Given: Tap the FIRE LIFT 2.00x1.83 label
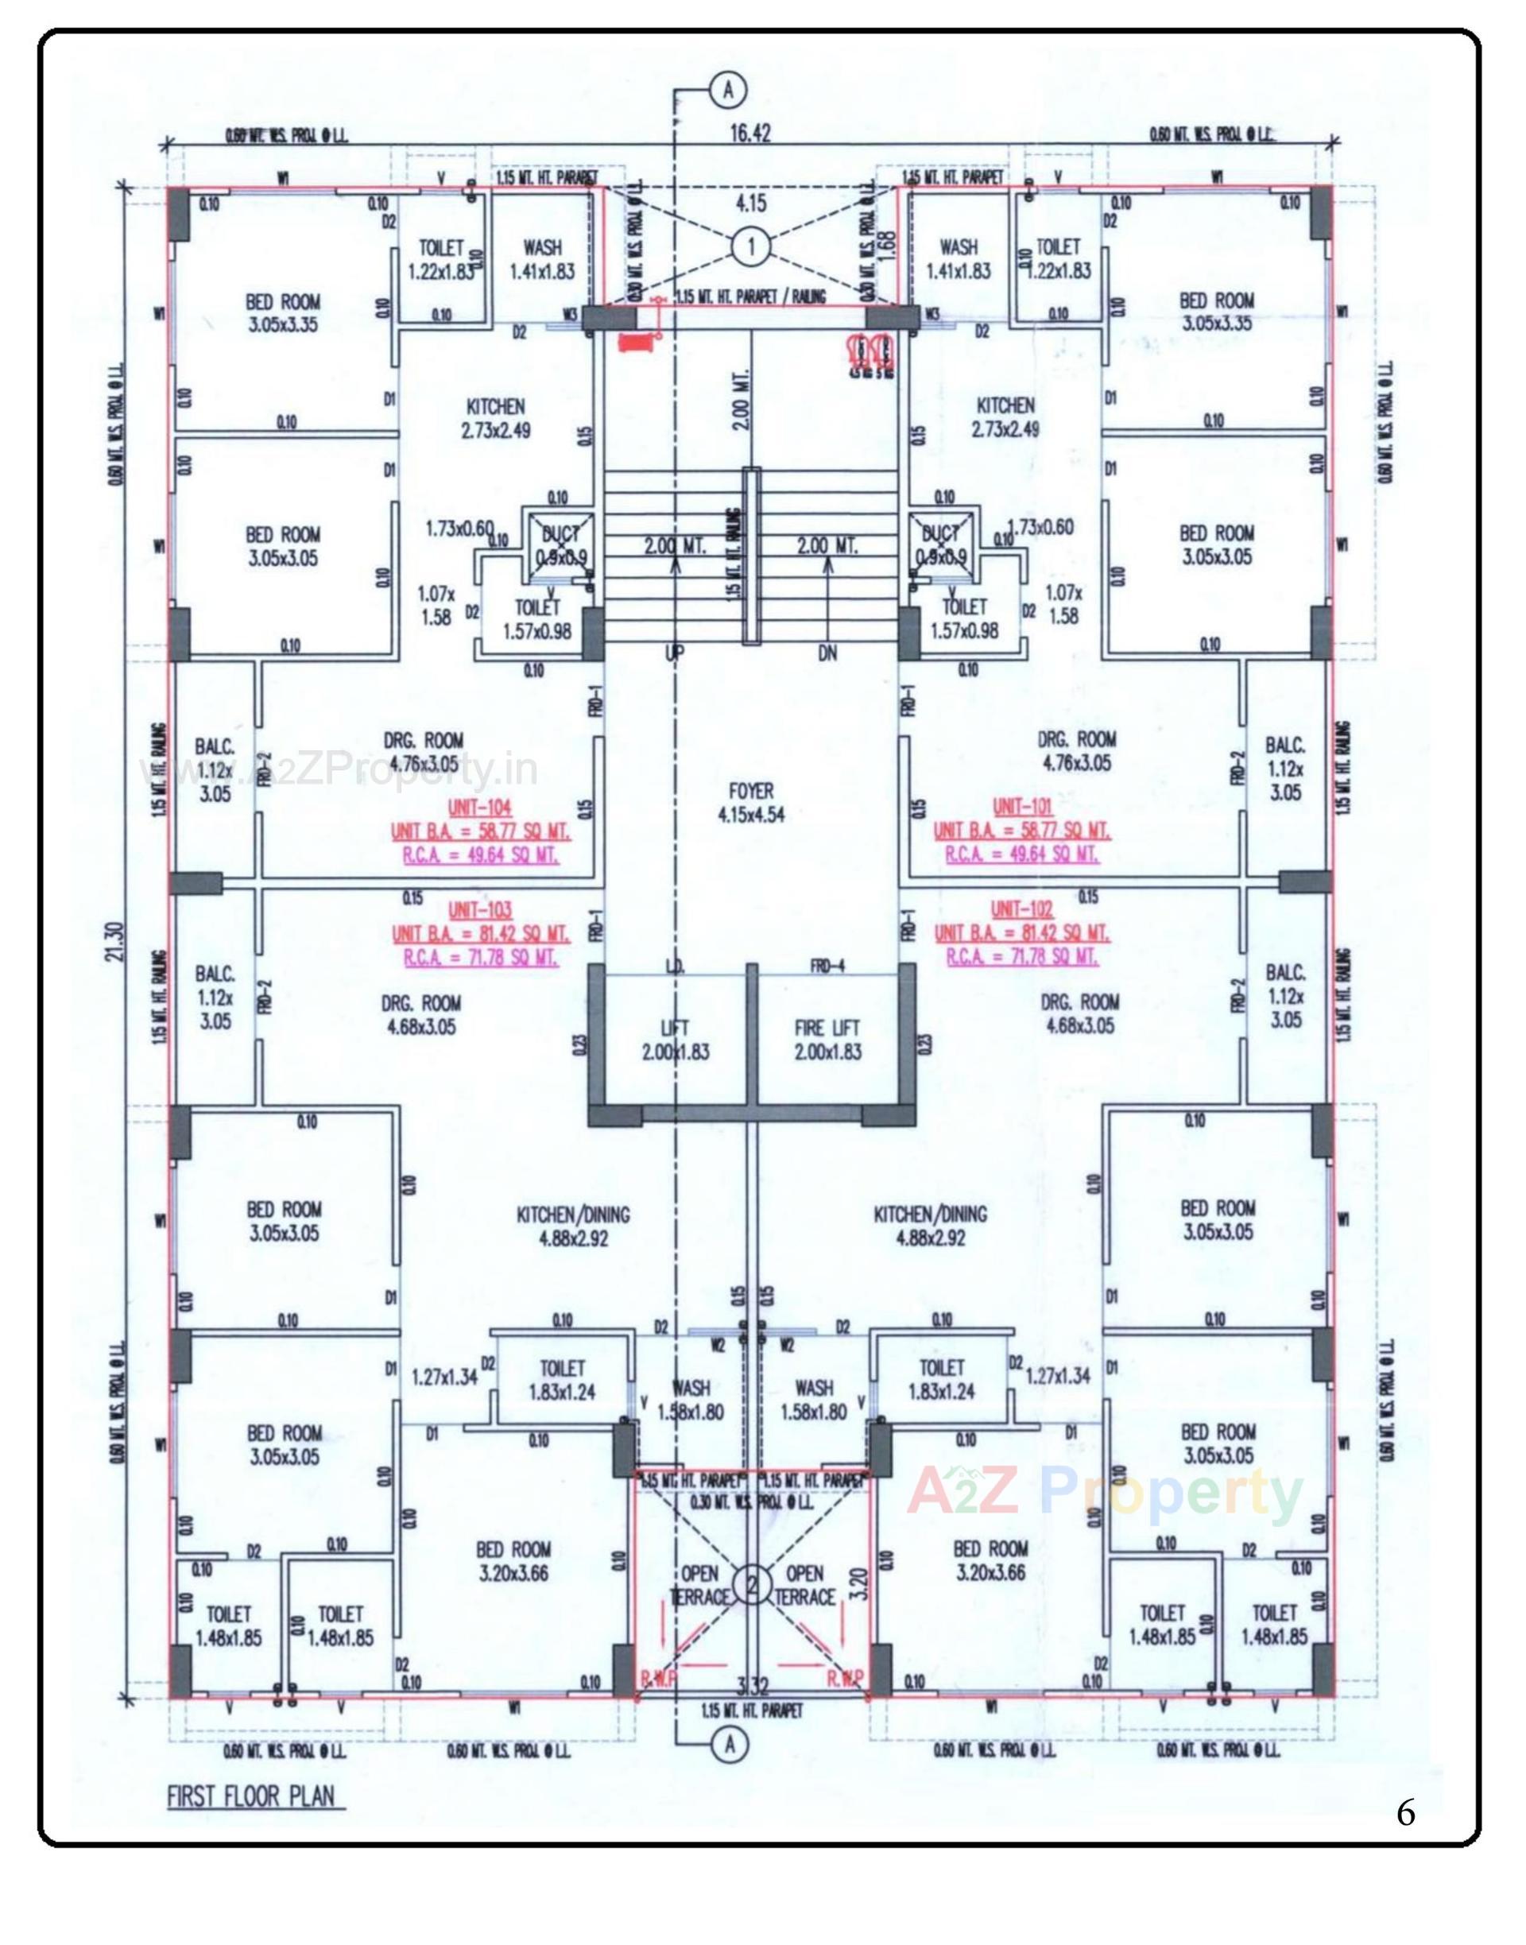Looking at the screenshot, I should [827, 1040].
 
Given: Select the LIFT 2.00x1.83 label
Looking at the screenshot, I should [675, 1040].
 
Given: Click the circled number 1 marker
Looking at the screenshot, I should [750, 247].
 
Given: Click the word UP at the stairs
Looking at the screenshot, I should [675, 654].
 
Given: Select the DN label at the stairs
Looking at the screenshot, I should [827, 654].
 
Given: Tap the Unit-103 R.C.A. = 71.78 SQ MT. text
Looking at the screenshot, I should [481, 958].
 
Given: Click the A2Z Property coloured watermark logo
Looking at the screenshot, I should [1104, 1492].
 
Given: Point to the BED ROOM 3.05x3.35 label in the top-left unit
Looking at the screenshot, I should [283, 312].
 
